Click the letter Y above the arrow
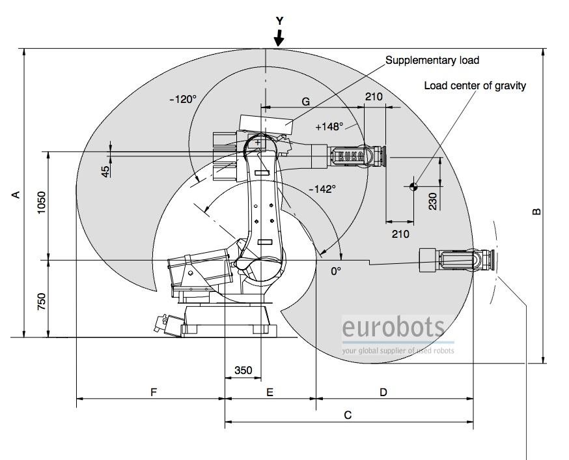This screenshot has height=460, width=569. (279, 21)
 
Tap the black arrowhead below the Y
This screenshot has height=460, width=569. (279, 40)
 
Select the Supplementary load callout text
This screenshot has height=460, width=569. (432, 61)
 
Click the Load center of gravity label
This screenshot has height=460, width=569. (475, 85)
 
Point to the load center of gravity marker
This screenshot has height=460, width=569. (413, 187)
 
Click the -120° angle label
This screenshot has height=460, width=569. (182, 100)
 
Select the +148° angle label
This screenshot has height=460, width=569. (329, 127)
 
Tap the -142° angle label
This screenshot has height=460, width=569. (322, 189)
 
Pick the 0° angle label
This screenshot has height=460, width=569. (336, 270)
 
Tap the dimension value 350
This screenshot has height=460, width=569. (243, 370)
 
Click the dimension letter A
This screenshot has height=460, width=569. (17, 194)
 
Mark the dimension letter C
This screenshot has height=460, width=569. (348, 414)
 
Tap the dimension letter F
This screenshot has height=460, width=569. (154, 392)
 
